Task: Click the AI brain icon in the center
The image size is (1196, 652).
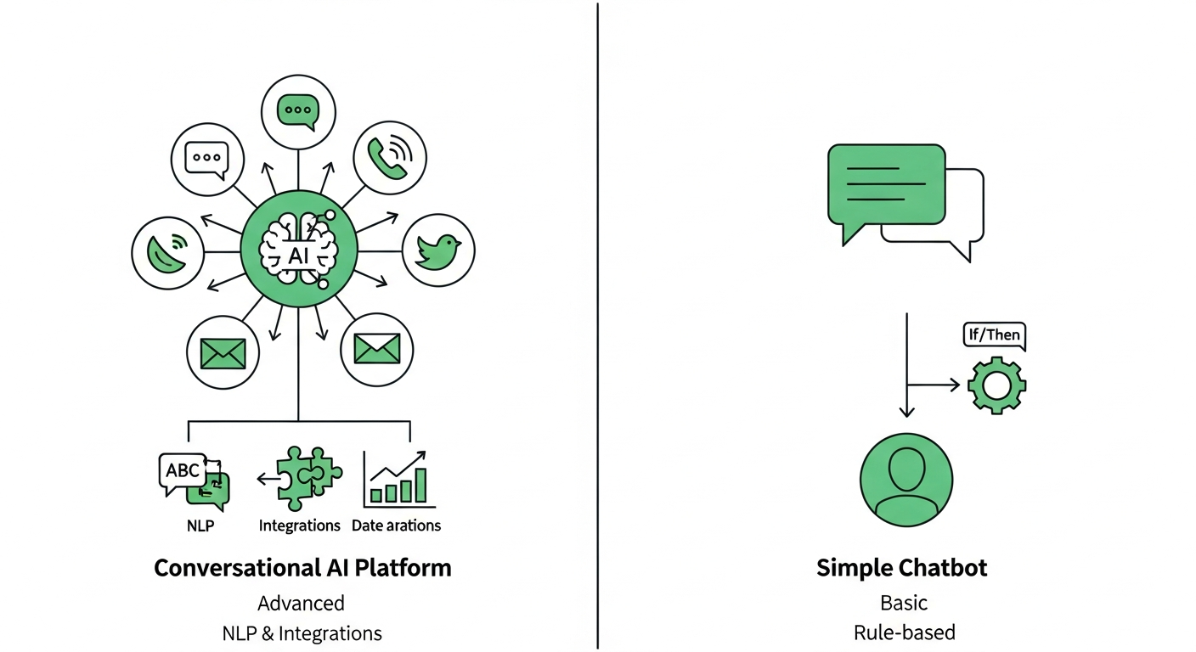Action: (x=297, y=251)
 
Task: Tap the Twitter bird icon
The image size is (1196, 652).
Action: (x=437, y=250)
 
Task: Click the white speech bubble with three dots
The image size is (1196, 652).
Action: (x=207, y=158)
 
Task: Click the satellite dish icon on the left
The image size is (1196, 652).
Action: (x=168, y=252)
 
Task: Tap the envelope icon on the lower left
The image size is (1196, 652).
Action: (x=223, y=351)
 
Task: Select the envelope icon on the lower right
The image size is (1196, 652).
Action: (x=376, y=348)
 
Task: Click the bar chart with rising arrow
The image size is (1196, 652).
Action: (x=397, y=479)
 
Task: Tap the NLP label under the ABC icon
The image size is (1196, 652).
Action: (x=200, y=526)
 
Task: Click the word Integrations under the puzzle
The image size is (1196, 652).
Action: (x=299, y=526)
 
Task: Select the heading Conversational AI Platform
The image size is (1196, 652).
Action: (x=302, y=567)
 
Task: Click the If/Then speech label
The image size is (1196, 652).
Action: (x=995, y=335)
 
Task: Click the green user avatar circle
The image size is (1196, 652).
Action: (x=905, y=480)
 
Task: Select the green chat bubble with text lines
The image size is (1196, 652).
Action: (x=886, y=185)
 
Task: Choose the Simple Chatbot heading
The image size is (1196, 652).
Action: (x=901, y=567)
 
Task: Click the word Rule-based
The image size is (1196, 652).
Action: (x=905, y=632)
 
